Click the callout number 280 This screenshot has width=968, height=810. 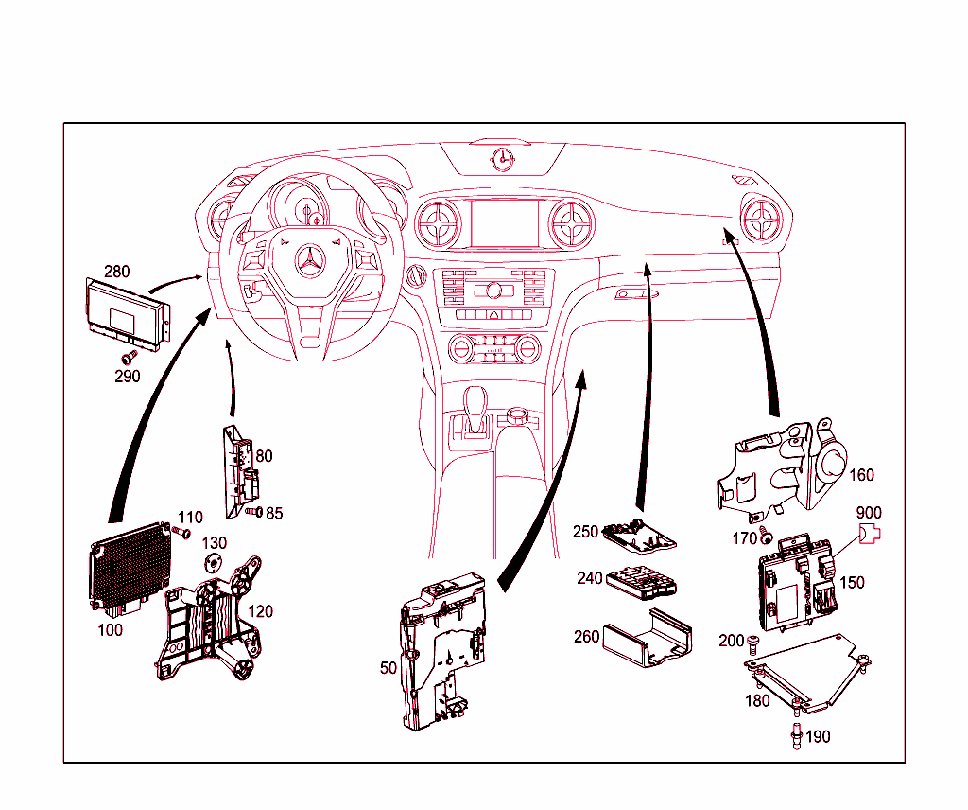[x=117, y=272]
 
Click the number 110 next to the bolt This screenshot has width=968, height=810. [x=190, y=518]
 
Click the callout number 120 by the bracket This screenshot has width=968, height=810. [x=260, y=611]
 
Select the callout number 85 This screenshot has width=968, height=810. [x=274, y=514]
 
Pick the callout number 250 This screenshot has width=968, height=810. [x=585, y=532]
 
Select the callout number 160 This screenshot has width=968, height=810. [x=861, y=475]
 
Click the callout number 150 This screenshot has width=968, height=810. [x=852, y=582]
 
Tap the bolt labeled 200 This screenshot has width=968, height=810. [x=752, y=643]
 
